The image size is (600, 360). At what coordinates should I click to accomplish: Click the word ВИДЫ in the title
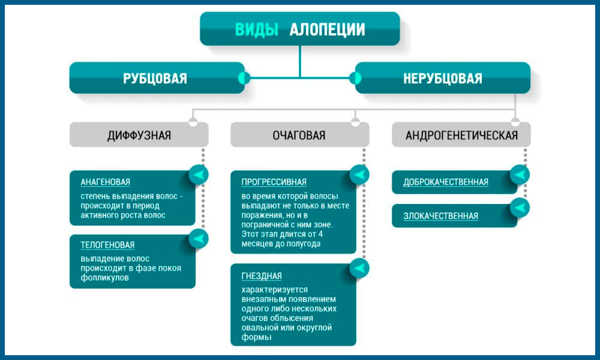tap(257, 29)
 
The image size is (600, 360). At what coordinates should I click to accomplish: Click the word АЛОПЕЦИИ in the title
tap(328, 29)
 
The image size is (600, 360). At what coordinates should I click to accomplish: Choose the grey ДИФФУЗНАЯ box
tap(139, 135)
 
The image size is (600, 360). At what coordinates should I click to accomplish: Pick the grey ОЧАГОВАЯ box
tap(299, 135)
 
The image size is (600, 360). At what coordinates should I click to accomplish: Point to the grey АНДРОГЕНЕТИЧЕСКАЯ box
tap(461, 135)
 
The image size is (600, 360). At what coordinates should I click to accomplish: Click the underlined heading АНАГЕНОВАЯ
tap(106, 182)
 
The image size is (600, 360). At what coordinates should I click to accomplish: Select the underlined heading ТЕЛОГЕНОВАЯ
tap(107, 245)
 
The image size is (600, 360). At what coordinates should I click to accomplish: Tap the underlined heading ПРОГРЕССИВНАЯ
tap(274, 182)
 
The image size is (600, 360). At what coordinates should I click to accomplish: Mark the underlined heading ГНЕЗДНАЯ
tap(262, 276)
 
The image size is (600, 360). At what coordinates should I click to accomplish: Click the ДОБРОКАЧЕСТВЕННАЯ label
tap(446, 182)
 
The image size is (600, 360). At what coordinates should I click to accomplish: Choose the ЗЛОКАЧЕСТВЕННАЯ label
tap(441, 216)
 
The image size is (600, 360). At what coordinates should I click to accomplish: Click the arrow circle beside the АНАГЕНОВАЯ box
tap(199, 175)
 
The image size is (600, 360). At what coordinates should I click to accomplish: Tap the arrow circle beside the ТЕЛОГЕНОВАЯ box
tap(199, 238)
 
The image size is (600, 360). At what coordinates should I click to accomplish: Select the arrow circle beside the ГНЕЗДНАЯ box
tap(360, 268)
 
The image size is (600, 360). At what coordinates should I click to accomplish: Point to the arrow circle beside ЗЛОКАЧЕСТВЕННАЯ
tap(520, 208)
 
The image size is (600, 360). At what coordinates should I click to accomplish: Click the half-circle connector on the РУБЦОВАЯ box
tap(244, 78)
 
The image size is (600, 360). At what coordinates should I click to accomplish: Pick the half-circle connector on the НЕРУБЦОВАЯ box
tap(356, 78)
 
